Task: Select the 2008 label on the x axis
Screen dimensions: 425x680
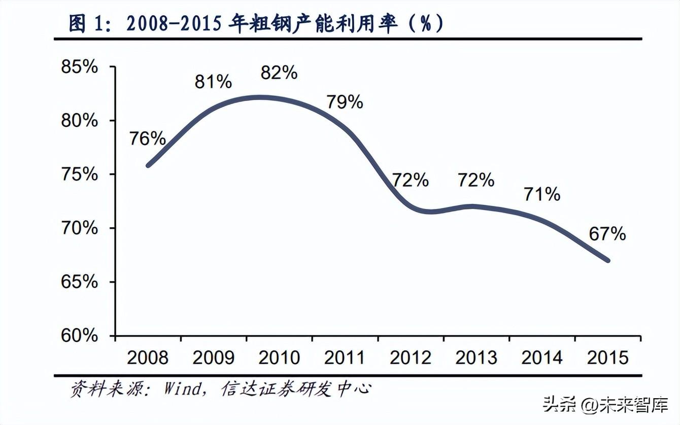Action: click(147, 358)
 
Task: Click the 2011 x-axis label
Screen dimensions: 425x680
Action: click(345, 358)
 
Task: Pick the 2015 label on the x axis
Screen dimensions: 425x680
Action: click(607, 358)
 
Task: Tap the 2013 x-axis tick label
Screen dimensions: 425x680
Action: click(476, 358)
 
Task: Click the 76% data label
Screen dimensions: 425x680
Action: click(147, 138)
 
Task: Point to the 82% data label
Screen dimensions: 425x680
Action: click(279, 73)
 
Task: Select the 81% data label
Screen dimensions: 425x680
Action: click(213, 82)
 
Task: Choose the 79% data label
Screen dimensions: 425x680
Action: click(345, 101)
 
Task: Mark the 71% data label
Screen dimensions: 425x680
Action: click(542, 194)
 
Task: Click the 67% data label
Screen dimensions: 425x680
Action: click(607, 234)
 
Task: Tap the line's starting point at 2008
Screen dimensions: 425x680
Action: click(148, 165)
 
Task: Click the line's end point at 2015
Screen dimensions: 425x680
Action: click(607, 261)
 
